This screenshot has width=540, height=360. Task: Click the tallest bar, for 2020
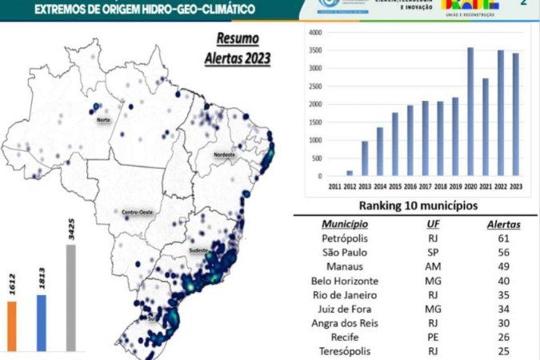tap(470, 112)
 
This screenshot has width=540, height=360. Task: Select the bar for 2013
tap(365, 158)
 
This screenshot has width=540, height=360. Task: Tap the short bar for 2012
tap(350, 172)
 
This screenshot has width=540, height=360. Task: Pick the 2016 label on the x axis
tap(410, 186)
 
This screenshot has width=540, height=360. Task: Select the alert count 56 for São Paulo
tap(503, 253)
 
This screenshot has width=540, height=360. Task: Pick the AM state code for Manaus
tap(432, 267)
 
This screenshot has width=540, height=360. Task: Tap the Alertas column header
tap(503, 224)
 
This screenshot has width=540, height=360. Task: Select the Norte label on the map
tap(103, 120)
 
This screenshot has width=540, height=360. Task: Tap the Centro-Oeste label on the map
tap(136, 212)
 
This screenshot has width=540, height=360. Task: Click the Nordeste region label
tap(226, 154)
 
